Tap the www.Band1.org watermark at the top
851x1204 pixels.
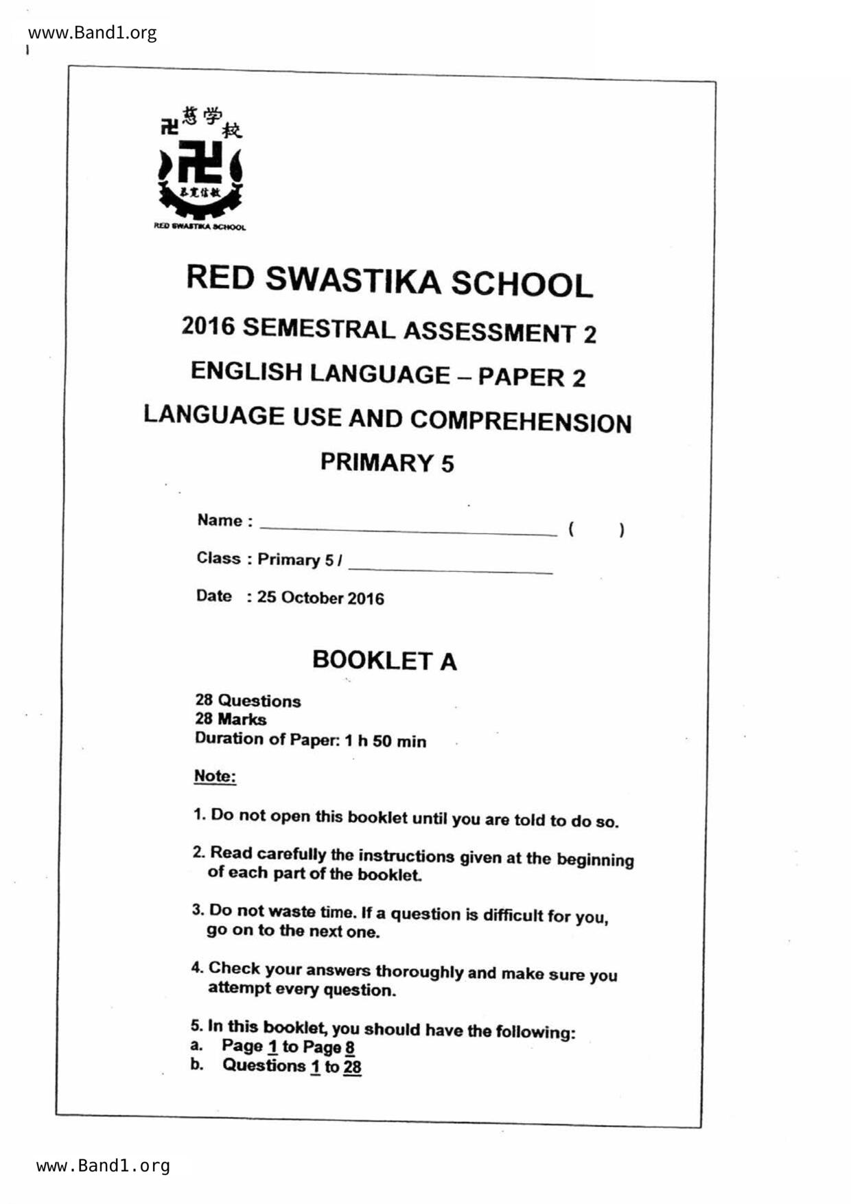coord(92,32)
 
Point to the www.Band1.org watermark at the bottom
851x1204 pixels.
coord(103,1165)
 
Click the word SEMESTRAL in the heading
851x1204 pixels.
coord(319,329)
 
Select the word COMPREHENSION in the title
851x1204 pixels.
coord(521,421)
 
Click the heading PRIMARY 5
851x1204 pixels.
coord(387,462)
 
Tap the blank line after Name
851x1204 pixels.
coord(408,529)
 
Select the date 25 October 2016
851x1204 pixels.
coord(320,597)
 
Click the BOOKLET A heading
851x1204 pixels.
coord(384,660)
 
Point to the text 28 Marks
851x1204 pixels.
coord(231,719)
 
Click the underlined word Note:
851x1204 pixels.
coord(215,776)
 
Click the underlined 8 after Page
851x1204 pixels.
coord(350,1047)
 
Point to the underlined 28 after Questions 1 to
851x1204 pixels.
coord(352,1067)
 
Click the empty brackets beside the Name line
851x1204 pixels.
coord(596,529)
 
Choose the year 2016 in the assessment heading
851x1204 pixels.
coord(208,325)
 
